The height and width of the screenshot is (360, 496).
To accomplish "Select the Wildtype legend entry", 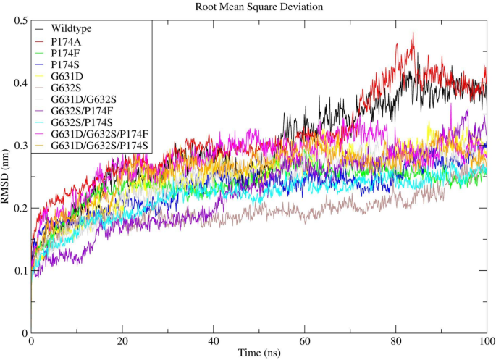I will [72, 29].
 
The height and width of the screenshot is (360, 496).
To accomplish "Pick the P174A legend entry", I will [66, 42].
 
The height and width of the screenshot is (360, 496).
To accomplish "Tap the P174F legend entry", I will [65, 53].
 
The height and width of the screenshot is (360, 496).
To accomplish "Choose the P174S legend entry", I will [65, 64].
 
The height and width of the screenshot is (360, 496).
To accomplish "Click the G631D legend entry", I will [67, 76].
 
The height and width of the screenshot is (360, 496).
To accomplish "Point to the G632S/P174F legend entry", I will [81, 111].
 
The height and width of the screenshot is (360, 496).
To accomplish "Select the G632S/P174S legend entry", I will [81, 122].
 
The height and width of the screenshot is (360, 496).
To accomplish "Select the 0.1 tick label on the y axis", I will [19, 271].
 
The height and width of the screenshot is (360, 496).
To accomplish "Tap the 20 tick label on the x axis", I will [122, 340].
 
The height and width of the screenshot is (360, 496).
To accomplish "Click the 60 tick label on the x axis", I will [304, 340].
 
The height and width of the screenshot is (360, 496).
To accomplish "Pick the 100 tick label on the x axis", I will [486, 340].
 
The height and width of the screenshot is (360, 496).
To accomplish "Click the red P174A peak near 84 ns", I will [413, 33].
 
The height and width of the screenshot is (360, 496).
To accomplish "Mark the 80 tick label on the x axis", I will [395, 340].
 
